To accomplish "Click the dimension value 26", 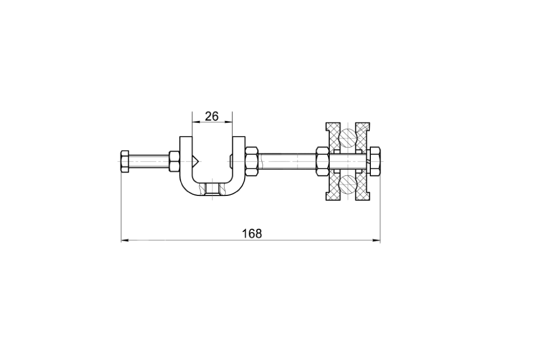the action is point(212,117).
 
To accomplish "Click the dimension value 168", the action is point(252,234).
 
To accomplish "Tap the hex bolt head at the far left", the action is point(125,161).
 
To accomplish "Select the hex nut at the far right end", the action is point(375,161).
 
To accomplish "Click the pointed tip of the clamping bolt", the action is point(198,161).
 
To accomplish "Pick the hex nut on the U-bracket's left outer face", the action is point(174,161).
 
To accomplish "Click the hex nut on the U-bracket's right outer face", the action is point(252,161).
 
